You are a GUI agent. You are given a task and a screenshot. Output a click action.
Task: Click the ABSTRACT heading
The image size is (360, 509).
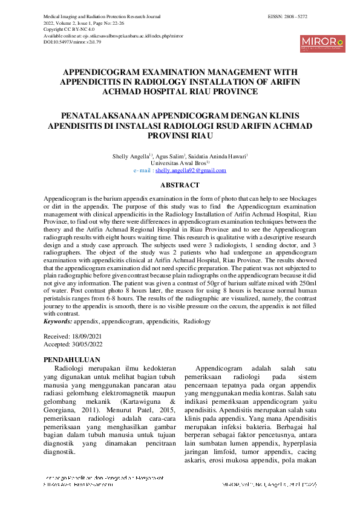(x=180, y=185)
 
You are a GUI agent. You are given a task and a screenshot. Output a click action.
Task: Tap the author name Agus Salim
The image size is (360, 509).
(x=172, y=157)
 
